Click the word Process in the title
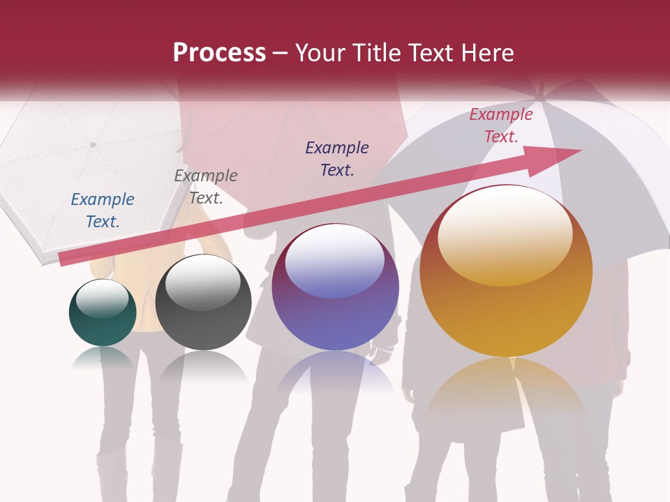coord(219,53)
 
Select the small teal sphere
coord(103,313)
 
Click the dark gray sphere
coord(203,303)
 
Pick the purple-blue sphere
coord(335,287)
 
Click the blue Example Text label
coord(103,211)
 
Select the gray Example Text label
coord(206,187)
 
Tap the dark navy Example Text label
coord(337,158)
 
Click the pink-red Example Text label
coord(500,125)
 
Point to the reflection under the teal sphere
coord(103,359)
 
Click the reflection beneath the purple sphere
coord(335,372)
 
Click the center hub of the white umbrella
coord(92,145)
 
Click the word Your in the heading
coord(318,53)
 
